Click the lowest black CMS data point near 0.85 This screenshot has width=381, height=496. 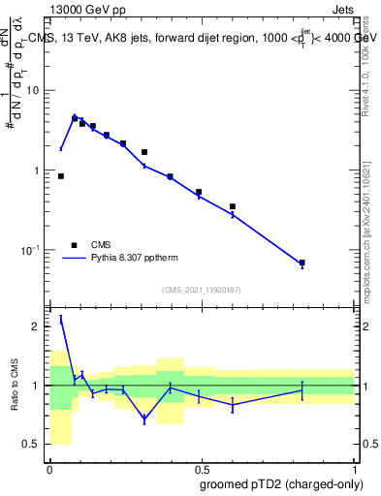coord(302,263)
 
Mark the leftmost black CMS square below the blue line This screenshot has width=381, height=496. coord(61,176)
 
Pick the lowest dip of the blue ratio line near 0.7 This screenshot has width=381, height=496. coord(144,418)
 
